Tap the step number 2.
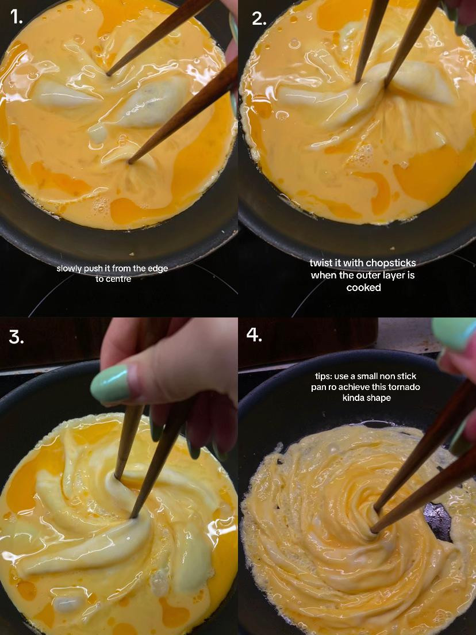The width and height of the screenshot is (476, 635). coord(259,18)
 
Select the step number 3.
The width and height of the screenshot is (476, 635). coord(16,337)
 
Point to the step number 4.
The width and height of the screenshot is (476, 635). coord(254,335)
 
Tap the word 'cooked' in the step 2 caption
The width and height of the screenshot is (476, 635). coord(363,288)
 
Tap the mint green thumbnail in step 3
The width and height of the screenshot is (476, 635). coord(109,384)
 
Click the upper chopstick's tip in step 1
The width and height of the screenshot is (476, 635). coord(108,74)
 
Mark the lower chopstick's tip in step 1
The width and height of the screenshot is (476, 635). coord(129,162)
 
